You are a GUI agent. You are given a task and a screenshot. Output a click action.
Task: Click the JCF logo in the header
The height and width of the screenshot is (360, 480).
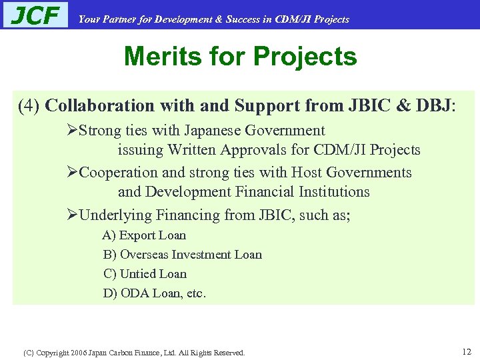tap(35, 15)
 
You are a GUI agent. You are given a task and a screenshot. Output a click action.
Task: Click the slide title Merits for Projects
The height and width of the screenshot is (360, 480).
tap(240, 57)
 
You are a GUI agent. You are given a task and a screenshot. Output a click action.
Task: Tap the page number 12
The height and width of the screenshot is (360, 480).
tap(466, 351)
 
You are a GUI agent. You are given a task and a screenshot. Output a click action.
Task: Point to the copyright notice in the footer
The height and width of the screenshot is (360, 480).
tap(134, 352)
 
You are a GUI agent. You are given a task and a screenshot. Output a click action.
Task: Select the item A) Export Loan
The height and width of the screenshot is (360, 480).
tap(144, 235)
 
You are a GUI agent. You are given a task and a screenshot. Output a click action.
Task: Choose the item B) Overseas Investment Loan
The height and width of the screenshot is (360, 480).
tap(182, 255)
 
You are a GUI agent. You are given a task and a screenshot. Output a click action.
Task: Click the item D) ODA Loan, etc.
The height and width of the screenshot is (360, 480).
tap(155, 293)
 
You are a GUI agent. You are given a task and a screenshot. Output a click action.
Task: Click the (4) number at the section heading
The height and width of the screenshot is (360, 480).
tap(30, 106)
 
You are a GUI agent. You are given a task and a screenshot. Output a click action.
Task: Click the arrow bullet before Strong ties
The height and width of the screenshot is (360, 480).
tap(73, 131)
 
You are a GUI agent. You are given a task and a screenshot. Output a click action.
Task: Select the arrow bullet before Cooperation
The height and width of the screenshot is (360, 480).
tap(73, 173)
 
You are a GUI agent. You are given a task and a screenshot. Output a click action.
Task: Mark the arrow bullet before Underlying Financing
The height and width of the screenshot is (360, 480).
tap(73, 215)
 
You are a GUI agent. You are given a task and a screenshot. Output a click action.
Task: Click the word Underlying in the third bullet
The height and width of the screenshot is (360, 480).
tap(115, 215)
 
